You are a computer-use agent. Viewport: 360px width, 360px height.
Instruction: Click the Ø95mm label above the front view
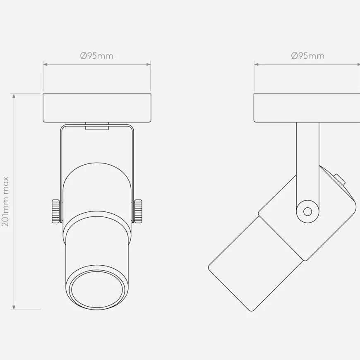(97, 56)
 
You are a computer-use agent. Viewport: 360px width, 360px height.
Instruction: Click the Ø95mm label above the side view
(307, 56)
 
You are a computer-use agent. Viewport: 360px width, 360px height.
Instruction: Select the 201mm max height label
(5, 202)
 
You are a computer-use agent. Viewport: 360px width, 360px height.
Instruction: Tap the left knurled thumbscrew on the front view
(56, 211)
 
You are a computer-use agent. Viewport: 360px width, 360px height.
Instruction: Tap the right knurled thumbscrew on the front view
(138, 211)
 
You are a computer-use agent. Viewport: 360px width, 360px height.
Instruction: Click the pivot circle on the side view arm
(307, 211)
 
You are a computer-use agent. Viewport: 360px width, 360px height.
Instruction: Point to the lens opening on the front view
(97, 290)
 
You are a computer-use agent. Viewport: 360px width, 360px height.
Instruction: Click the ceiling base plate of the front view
(97, 108)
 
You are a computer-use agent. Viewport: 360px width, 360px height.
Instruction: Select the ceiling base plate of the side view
(307, 108)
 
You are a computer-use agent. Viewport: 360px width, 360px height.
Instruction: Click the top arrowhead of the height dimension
(14, 96)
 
